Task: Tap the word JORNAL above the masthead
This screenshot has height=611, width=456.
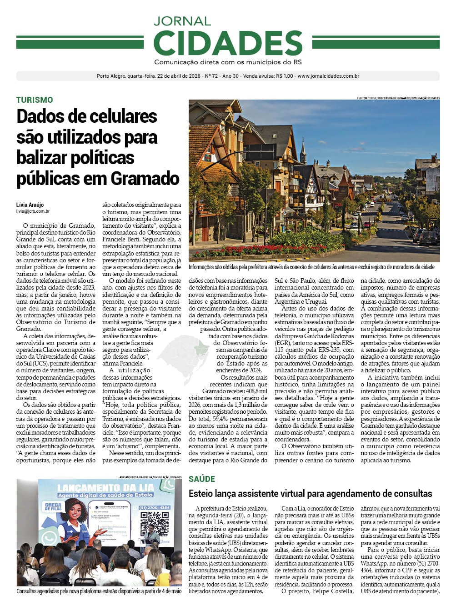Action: (x=182, y=21)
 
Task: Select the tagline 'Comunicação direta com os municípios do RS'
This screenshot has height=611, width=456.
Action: (x=228, y=62)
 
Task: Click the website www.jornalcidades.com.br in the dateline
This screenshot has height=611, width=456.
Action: (x=328, y=76)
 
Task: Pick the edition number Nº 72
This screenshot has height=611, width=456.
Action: (x=209, y=76)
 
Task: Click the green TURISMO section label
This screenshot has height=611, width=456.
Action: (x=35, y=100)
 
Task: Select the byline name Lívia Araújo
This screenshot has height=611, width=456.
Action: (x=30, y=205)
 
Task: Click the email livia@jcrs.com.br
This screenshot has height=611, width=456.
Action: (x=33, y=211)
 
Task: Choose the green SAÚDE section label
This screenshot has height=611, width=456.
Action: (x=202, y=479)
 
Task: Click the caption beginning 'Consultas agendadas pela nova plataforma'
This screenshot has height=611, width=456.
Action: (x=99, y=591)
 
